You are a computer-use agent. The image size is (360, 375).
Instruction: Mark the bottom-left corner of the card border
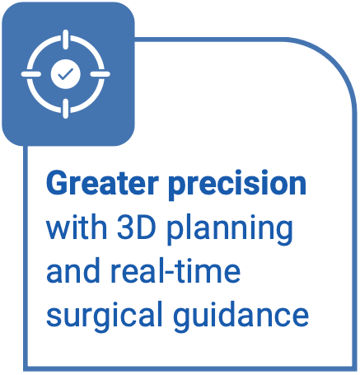[x=27, y=364]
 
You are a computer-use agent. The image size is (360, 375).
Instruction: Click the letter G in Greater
[x=58, y=183]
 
